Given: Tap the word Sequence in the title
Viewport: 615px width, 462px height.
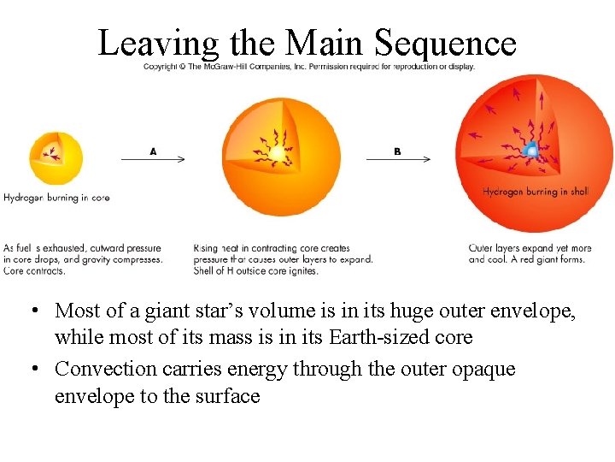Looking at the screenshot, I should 446,43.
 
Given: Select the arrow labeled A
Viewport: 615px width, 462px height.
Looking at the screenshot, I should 153,159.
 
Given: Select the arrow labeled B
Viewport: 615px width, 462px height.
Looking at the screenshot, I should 398,159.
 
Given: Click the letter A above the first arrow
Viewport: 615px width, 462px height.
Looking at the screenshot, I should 153,151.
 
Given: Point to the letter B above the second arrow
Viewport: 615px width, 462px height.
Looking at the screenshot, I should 397,151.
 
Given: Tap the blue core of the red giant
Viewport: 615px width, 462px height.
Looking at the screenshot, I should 530,151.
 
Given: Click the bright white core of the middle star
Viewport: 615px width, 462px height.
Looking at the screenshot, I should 278,154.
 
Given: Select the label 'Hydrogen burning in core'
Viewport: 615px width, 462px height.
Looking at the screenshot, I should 56,198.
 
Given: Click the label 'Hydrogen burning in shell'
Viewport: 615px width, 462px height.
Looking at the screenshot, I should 536,192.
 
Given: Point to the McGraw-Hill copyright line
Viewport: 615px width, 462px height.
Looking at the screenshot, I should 309,67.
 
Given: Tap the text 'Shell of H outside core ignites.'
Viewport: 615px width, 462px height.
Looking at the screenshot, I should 256,270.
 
